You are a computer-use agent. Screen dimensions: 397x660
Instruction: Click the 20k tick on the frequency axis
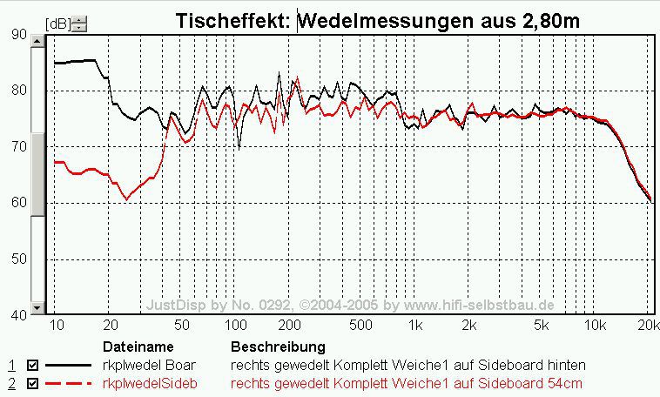(645, 326)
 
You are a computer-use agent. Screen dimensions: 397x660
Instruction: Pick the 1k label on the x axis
(416, 326)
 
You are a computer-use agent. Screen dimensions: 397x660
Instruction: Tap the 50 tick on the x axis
(182, 326)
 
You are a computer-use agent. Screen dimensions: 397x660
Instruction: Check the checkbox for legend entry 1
(33, 366)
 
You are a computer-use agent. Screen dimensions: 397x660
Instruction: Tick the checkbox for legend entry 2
(33, 383)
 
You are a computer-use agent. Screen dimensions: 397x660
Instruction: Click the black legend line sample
(70, 366)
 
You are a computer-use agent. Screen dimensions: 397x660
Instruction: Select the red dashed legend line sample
(70, 383)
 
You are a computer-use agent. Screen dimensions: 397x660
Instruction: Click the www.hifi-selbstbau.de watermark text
(478, 306)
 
